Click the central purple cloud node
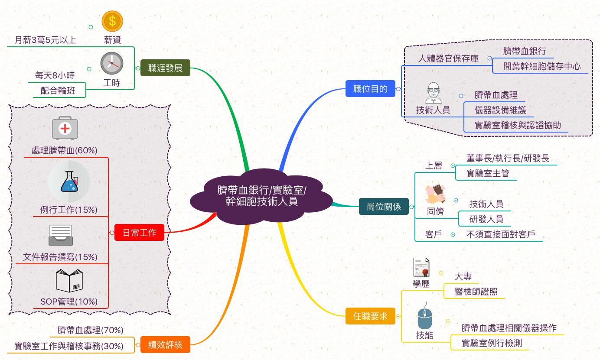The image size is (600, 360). [261, 196]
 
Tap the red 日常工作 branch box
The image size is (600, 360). [139, 233]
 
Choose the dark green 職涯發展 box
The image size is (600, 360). [165, 68]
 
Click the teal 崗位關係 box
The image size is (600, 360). [384, 207]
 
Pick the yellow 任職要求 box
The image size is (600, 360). [370, 316]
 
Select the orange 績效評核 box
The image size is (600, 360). [165, 345]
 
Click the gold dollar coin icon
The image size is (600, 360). [112, 21]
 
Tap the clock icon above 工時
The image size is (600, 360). [112, 63]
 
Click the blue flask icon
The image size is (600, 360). [69, 181]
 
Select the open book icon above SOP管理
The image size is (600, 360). [69, 281]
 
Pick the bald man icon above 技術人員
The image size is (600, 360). [433, 93]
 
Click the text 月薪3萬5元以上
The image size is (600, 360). [46, 40]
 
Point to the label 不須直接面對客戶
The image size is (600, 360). [500, 234]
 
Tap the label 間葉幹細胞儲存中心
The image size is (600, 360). [541, 66]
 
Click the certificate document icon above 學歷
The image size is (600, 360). [421, 267]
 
